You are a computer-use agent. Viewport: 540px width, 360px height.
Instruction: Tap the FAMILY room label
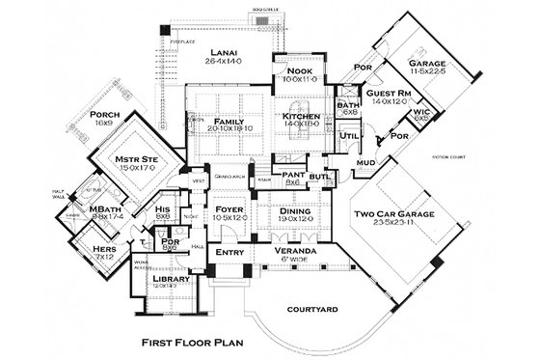[x=228, y=121]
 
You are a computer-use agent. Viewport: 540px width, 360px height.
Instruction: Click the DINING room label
[x=296, y=209]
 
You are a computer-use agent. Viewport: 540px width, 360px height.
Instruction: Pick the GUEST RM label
[x=387, y=93]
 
